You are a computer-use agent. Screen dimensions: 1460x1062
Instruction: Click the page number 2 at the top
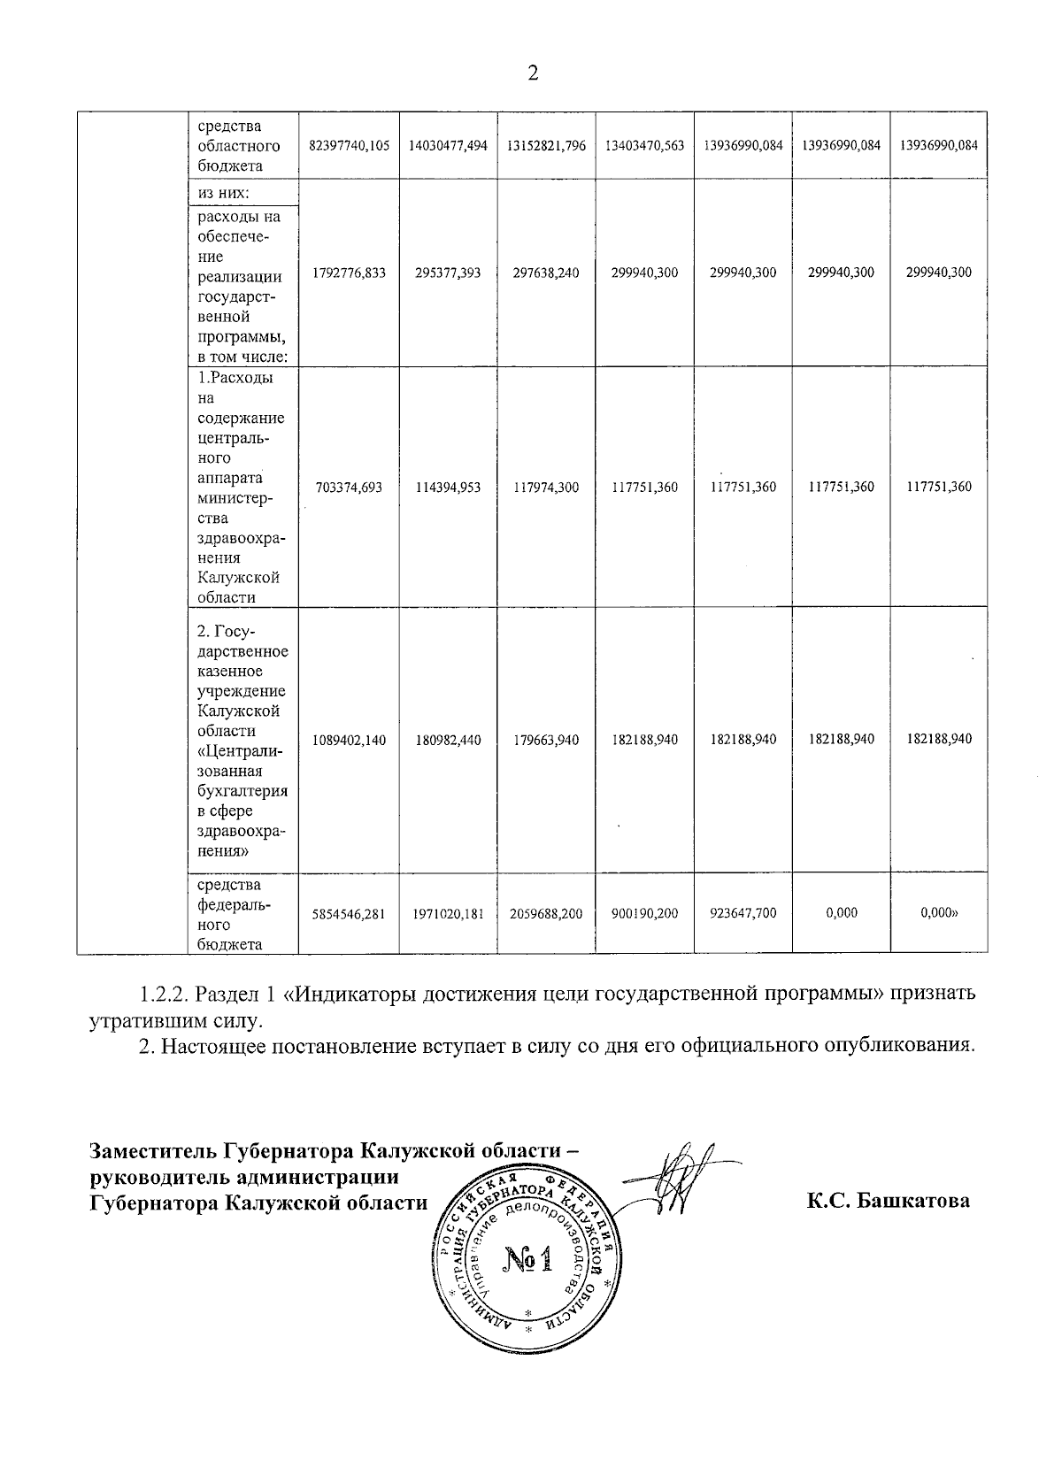click(533, 73)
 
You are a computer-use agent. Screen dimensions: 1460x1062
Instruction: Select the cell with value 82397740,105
click(349, 146)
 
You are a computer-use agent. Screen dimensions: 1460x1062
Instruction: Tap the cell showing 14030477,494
click(448, 146)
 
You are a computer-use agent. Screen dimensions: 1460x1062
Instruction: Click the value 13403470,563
click(644, 146)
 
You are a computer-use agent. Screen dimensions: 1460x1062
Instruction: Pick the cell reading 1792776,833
click(349, 273)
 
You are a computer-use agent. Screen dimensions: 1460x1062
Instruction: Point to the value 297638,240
click(546, 273)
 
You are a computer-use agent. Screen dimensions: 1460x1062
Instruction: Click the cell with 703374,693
click(349, 487)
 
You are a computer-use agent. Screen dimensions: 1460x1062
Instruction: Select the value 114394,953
click(448, 487)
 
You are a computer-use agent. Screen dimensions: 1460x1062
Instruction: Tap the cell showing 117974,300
click(546, 487)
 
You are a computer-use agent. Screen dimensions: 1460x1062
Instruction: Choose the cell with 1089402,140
click(349, 740)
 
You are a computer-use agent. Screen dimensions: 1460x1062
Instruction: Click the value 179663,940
click(546, 740)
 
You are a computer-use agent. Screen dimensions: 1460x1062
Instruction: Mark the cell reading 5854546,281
click(349, 913)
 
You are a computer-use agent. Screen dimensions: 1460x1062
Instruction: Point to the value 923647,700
click(743, 912)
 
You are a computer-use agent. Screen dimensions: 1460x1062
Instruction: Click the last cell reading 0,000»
click(940, 912)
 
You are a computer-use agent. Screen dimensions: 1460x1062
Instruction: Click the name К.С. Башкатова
click(888, 1201)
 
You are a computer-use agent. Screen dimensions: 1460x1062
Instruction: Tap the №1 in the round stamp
click(527, 1258)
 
